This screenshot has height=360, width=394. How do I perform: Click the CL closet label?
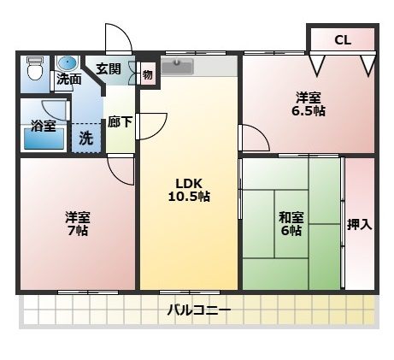click(x=342, y=39)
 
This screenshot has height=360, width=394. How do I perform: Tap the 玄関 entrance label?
click(x=109, y=69)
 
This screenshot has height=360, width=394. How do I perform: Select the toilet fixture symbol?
click(x=35, y=69)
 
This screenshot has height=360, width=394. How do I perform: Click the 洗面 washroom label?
click(x=69, y=80)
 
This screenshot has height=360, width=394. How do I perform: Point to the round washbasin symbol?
click(x=67, y=63)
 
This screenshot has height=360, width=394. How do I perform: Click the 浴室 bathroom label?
click(x=43, y=126)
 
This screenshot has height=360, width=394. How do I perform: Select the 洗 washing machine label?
click(x=87, y=137)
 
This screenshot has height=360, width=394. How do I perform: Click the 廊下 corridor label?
click(x=120, y=122)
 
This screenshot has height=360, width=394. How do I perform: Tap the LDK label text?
click(x=189, y=181)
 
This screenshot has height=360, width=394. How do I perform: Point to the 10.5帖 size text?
click(x=189, y=196)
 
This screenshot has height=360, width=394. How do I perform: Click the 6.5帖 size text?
click(x=309, y=111)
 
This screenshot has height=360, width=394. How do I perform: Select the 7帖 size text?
click(x=78, y=231)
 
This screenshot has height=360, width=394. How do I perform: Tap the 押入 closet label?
click(x=359, y=225)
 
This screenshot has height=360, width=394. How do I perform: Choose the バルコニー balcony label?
click(x=197, y=310)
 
